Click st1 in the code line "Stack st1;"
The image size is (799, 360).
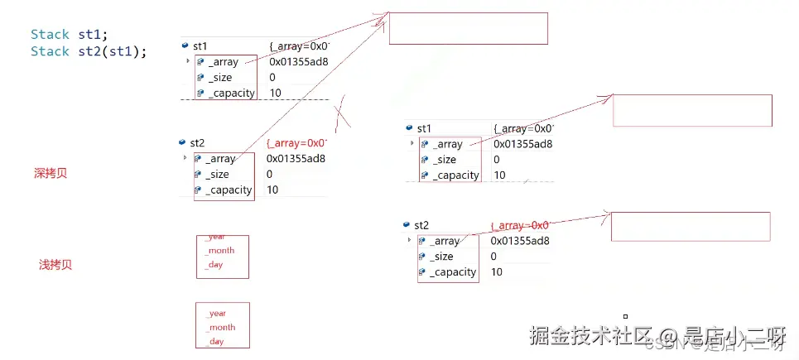tap(89, 35)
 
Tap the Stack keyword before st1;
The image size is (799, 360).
tap(50, 35)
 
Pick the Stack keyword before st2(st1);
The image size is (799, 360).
tap(50, 51)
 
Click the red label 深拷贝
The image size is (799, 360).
tap(50, 174)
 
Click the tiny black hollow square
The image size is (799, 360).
tap(625, 315)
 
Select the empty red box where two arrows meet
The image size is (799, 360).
tap(468, 28)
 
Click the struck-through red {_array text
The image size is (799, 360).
tap(520, 225)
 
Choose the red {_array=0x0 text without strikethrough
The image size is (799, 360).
tap(296, 143)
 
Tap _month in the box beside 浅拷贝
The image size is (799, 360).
tap(220, 251)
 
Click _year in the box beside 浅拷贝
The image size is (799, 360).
tap(215, 237)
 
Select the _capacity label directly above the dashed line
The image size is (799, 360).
tap(231, 93)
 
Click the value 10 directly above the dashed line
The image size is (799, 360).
tap(275, 93)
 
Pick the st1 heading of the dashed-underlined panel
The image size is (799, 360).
tap(200, 46)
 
